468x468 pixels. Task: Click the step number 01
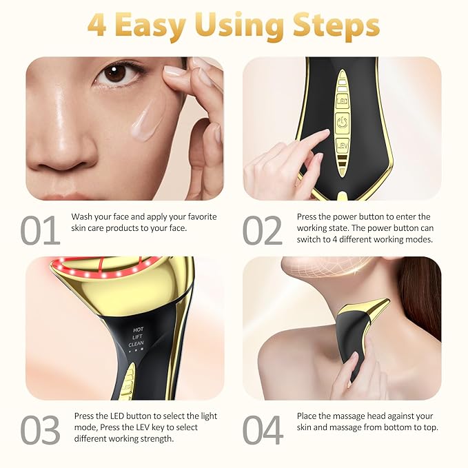tap(40, 230)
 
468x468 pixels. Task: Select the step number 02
tap(263, 230)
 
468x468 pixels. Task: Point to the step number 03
tap(40, 429)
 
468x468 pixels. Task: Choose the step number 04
tap(263, 429)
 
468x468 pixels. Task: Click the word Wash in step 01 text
tap(83, 216)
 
